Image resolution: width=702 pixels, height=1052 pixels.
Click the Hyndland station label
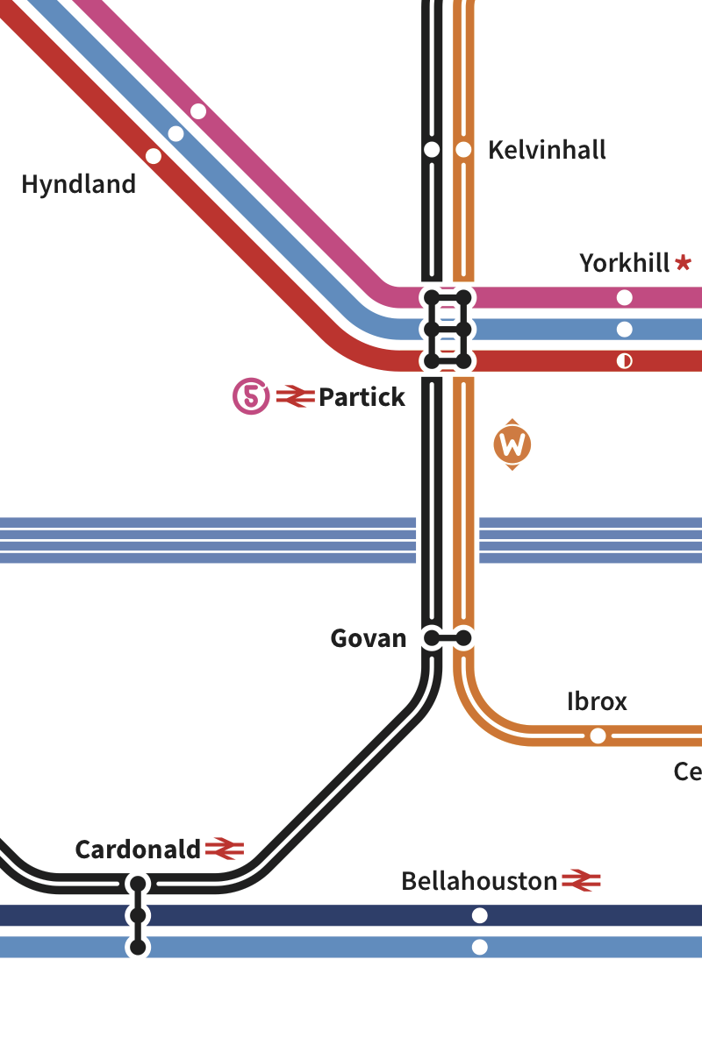(79, 185)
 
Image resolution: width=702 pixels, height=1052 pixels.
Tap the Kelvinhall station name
(547, 150)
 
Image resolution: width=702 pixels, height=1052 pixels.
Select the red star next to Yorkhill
(684, 262)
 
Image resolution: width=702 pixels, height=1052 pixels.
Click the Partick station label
(362, 397)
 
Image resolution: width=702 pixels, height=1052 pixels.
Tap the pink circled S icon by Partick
(251, 397)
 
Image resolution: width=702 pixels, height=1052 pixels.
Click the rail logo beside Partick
(295, 397)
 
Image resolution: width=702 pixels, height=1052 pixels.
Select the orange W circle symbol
(512, 445)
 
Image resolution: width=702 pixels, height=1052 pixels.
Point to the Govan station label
(369, 638)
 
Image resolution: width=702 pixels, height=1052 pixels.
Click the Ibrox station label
(597, 701)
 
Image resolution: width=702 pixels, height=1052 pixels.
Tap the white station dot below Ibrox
(598, 736)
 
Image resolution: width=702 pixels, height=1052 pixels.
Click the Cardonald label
(138, 849)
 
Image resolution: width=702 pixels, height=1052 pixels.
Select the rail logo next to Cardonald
(224, 849)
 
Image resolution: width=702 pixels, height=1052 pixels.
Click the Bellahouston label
(479, 881)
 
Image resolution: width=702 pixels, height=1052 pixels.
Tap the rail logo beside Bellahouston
(581, 880)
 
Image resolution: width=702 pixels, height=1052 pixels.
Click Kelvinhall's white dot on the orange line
(463, 150)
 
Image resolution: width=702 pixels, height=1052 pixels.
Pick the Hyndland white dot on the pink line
(198, 111)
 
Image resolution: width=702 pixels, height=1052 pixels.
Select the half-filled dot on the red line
(624, 361)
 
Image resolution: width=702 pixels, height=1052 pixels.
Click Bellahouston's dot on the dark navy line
(479, 915)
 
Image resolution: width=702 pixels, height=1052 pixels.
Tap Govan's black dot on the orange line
(463, 638)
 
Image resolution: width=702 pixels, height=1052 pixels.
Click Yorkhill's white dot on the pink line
(624, 297)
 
